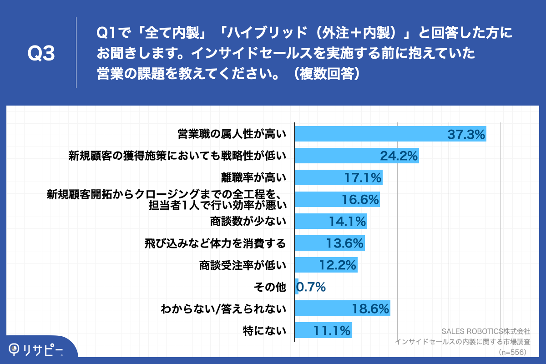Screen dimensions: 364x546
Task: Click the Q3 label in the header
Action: click(x=41, y=54)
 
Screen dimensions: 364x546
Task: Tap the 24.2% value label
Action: click(x=399, y=156)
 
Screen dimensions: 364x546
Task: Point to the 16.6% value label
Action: click(x=360, y=199)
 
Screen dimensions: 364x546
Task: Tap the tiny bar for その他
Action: click(x=297, y=287)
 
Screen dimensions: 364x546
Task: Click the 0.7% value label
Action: click(x=311, y=287)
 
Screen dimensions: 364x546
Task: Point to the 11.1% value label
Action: click(x=332, y=331)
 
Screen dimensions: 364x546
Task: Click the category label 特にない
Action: click(x=265, y=331)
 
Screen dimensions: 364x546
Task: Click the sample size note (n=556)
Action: click(x=513, y=352)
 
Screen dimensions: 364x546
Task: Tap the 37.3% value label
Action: click(x=466, y=134)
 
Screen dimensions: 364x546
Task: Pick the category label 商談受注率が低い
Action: click(x=242, y=265)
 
